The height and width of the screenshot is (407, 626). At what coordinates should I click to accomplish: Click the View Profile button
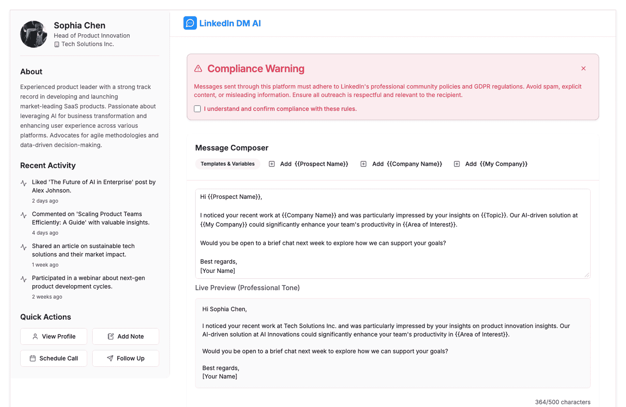click(54, 336)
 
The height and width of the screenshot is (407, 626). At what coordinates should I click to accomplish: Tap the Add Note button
click(126, 336)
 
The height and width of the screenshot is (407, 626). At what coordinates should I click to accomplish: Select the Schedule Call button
click(54, 358)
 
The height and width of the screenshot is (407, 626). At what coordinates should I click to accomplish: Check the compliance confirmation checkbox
click(197, 109)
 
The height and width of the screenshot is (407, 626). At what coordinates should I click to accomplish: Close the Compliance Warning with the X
click(583, 68)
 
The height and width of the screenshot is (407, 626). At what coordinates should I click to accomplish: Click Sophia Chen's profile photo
click(34, 34)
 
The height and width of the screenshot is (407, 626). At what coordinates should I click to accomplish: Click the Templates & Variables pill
click(228, 164)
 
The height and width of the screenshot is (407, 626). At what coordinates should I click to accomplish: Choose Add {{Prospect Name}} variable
click(308, 164)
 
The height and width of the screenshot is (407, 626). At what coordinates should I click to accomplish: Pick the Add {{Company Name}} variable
click(401, 164)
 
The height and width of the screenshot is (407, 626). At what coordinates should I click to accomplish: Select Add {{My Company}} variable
click(491, 164)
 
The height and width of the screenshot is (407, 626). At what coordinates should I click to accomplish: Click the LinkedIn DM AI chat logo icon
click(190, 23)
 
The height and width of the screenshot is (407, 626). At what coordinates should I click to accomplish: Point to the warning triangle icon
click(198, 68)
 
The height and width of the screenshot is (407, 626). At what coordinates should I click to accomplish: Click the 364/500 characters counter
click(562, 402)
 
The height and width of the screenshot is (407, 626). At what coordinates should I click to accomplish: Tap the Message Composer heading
click(231, 148)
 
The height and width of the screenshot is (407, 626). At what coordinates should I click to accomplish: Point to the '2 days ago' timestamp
click(45, 201)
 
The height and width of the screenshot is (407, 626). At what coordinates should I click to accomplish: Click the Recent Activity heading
click(48, 165)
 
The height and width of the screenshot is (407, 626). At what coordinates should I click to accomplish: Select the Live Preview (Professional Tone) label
click(247, 288)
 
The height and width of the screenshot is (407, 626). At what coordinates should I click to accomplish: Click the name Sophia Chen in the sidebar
click(80, 25)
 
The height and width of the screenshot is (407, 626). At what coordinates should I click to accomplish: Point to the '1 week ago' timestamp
click(45, 265)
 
